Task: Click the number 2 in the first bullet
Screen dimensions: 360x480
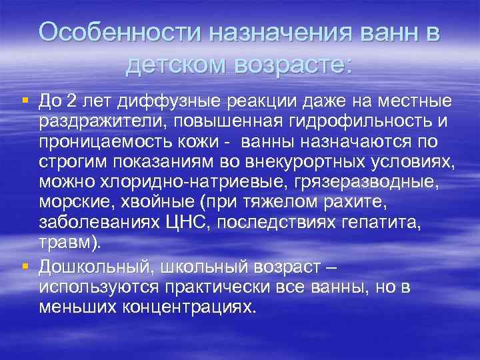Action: [73, 101]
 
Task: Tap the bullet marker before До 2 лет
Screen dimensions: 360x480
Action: [25, 100]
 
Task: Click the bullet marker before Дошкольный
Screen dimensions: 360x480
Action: [25, 266]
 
